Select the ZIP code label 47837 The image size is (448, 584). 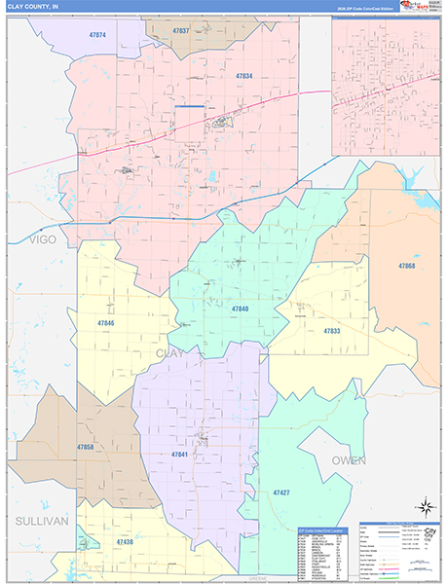click(x=180, y=31)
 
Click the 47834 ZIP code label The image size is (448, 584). click(x=243, y=76)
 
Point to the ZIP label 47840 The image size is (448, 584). click(x=240, y=309)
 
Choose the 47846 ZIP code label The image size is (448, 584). click(x=105, y=323)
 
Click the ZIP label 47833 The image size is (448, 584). click(x=331, y=331)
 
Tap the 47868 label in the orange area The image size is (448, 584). click(x=406, y=266)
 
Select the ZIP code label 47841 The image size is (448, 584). click(x=179, y=455)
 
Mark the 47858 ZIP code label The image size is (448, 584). click(x=57, y=447)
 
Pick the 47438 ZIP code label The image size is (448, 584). click(x=124, y=541)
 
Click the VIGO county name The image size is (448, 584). click(x=44, y=238)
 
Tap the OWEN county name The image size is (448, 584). click(x=348, y=460)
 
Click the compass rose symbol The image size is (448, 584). click(x=425, y=506)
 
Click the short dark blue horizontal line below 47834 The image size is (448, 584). click(x=191, y=106)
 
